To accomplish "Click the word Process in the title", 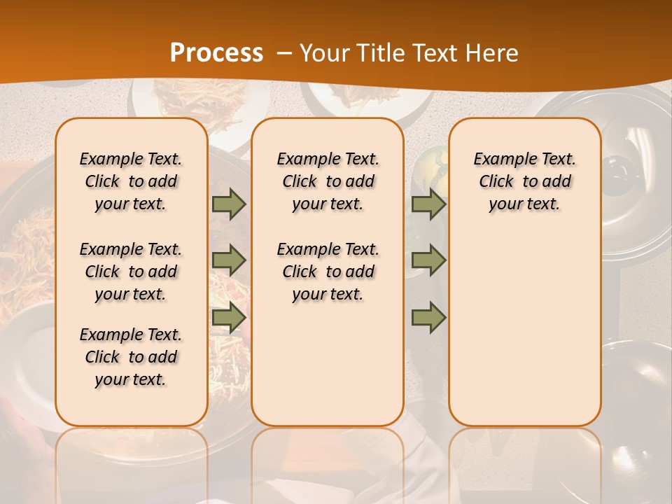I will click(x=216, y=53).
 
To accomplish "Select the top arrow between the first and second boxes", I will click(x=229, y=204).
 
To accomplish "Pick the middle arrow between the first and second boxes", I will click(x=229, y=260).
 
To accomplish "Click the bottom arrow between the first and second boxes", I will click(x=229, y=318).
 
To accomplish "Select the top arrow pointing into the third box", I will click(x=428, y=204).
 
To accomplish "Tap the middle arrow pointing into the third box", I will click(x=428, y=260).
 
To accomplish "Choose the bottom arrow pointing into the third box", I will click(x=428, y=318).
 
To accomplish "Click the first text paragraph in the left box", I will click(x=131, y=181).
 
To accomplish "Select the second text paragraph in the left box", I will click(x=131, y=272).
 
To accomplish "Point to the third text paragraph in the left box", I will click(x=131, y=357).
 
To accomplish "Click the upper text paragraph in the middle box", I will click(x=328, y=181).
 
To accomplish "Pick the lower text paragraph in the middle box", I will click(x=328, y=272).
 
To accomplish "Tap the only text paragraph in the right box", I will click(x=524, y=181).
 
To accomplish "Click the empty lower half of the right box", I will click(x=524, y=336).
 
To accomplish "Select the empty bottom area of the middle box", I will click(x=328, y=371).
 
